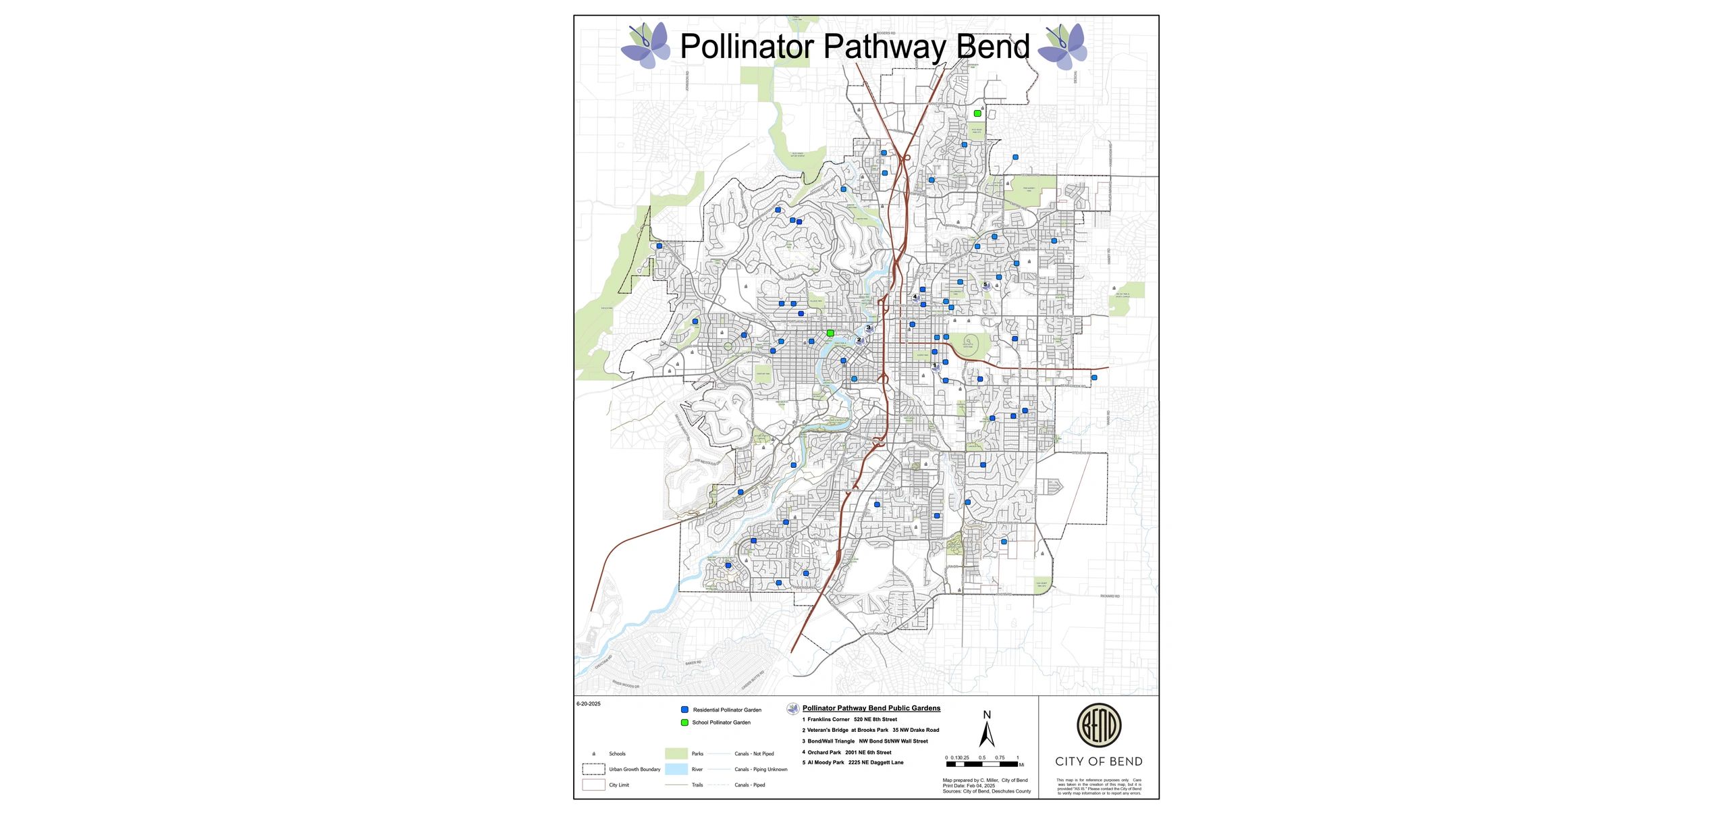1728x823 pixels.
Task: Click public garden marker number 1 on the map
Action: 936,367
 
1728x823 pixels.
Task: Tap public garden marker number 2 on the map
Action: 860,341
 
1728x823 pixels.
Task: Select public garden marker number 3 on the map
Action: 869,329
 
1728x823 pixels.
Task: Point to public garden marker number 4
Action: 916,297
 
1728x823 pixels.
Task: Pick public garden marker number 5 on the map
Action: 986,286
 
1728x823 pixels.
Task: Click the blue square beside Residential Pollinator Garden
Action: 684,710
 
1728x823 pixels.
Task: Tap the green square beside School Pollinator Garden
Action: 684,722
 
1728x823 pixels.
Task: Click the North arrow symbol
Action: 987,733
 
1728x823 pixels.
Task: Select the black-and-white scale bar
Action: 982,764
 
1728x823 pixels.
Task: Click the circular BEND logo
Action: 1098,725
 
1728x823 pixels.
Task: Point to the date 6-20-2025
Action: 589,703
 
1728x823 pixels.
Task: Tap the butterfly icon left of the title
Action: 645,45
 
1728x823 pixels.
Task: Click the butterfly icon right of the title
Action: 1062,46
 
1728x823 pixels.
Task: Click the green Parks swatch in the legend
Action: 676,753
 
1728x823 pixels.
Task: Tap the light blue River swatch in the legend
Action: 676,769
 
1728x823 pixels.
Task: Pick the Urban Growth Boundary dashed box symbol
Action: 593,769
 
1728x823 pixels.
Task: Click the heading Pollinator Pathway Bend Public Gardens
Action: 871,708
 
